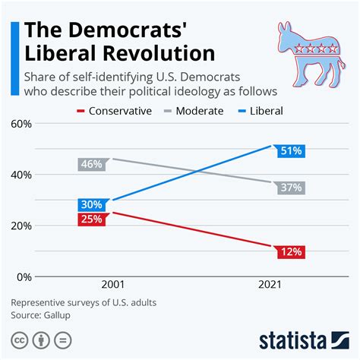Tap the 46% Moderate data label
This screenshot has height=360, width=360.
pos(90,163)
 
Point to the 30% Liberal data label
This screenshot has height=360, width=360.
pos(90,205)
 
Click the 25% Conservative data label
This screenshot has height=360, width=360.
pos(90,220)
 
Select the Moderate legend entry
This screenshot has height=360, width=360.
pos(194,111)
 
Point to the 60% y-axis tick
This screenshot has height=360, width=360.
pos(21,123)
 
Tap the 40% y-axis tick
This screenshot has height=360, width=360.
pos(21,175)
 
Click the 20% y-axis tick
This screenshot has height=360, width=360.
pos(21,226)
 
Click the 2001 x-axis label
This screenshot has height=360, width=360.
pos(112,285)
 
